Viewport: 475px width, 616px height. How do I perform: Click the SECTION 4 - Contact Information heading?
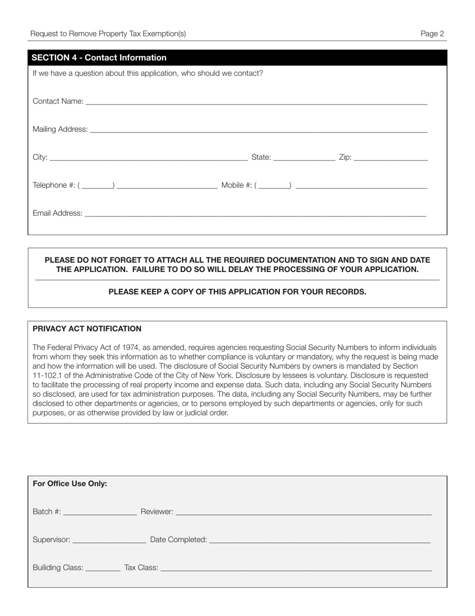tap(99, 58)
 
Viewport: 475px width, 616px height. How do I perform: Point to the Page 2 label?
tap(432, 34)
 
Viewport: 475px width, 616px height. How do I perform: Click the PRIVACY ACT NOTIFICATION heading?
tap(87, 329)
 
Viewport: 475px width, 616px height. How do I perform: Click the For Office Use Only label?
tap(70, 484)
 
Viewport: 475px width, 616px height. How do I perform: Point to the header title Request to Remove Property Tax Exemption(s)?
tap(108, 34)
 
